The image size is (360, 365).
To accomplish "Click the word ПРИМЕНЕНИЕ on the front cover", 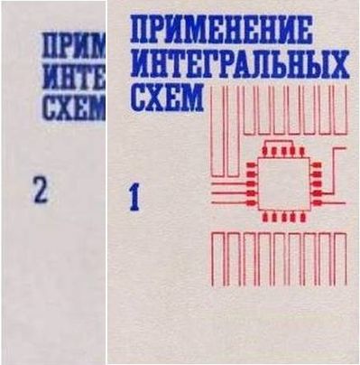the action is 221,30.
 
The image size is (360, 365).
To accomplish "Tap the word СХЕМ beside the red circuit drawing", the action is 168,98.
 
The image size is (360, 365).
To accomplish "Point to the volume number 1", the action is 135,198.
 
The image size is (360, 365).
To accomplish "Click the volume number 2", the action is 41,191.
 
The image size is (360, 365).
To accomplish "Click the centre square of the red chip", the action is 284,183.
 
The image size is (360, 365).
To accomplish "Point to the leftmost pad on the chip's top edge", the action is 265,152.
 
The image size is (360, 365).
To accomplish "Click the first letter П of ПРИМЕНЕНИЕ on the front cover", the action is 140,31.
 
